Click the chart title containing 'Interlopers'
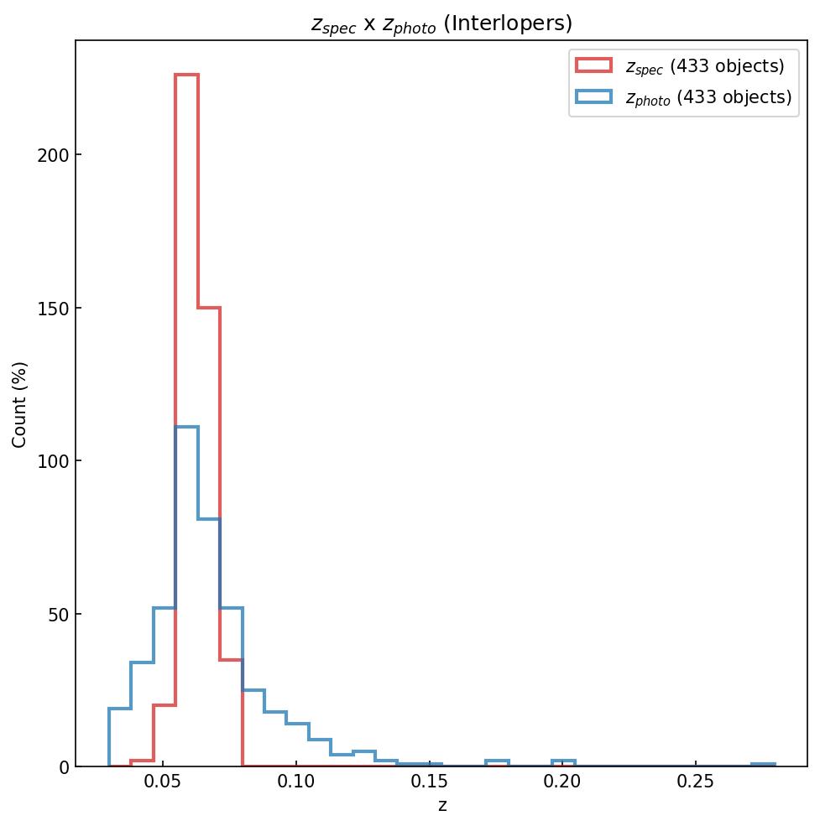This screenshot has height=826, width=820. (441, 23)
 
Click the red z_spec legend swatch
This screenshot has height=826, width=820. (593, 65)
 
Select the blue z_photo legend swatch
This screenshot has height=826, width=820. (593, 97)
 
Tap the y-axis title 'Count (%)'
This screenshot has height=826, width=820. (20, 404)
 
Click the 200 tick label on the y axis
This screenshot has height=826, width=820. (49, 155)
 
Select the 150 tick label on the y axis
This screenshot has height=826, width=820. (49, 308)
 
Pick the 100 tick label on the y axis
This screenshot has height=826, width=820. (49, 461)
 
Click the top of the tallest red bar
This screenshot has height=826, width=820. (186, 75)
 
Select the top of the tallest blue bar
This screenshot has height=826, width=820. (186, 427)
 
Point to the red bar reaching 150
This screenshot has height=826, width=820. (209, 308)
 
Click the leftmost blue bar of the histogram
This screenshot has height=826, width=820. (120, 709)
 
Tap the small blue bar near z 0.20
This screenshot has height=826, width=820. (563, 761)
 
